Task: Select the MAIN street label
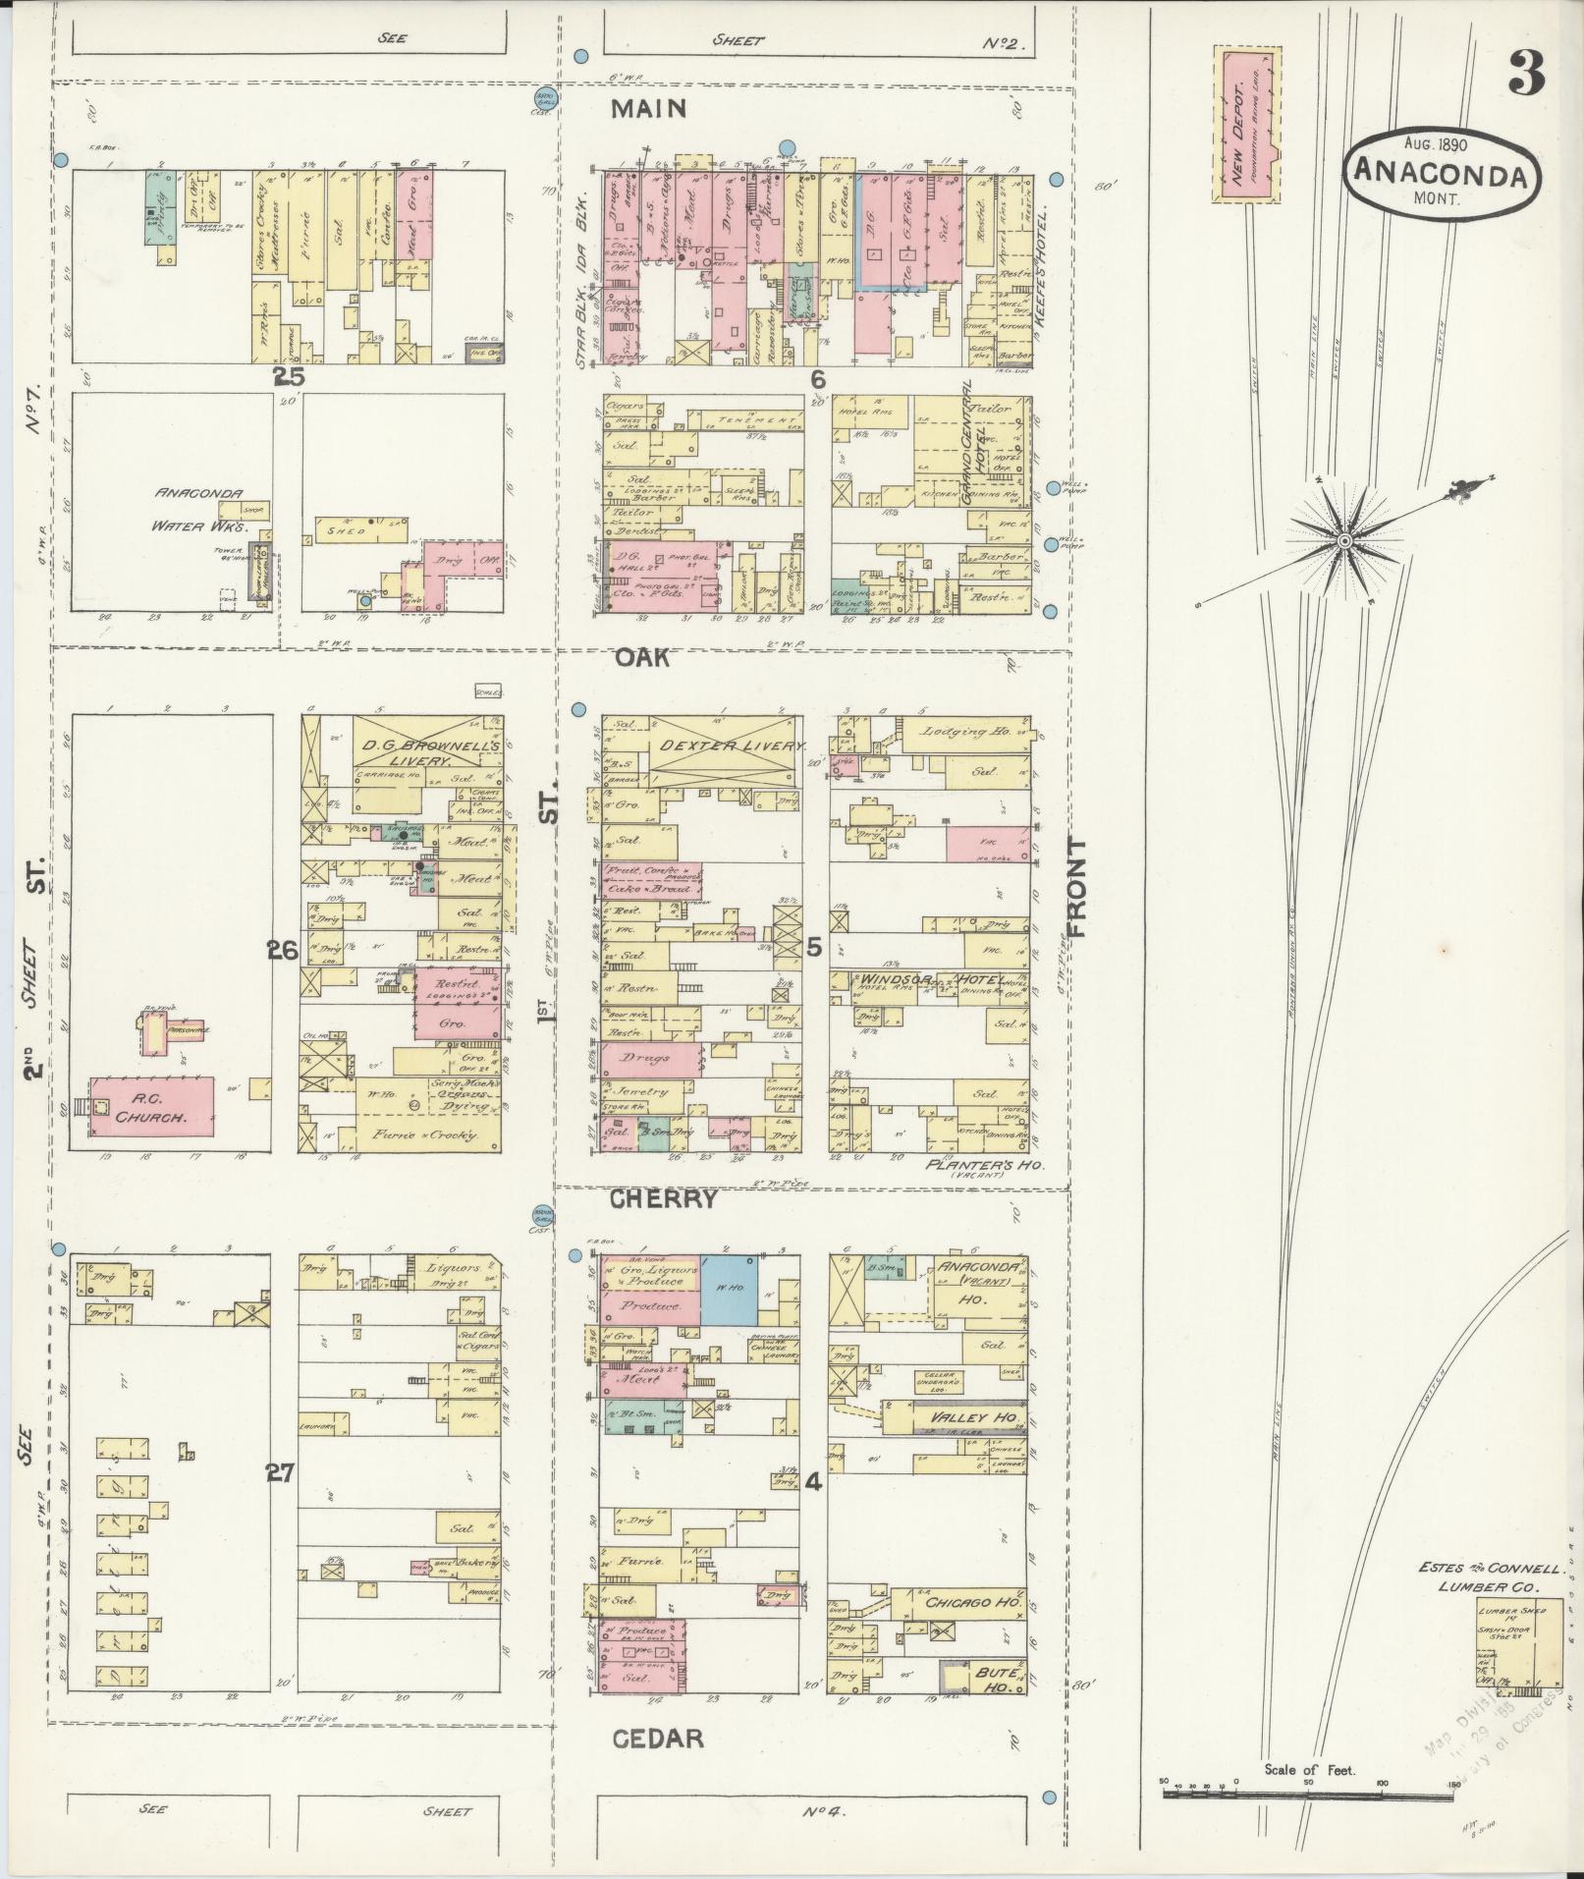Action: [648, 109]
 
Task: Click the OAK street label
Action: [643, 657]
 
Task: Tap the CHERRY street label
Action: [663, 1199]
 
